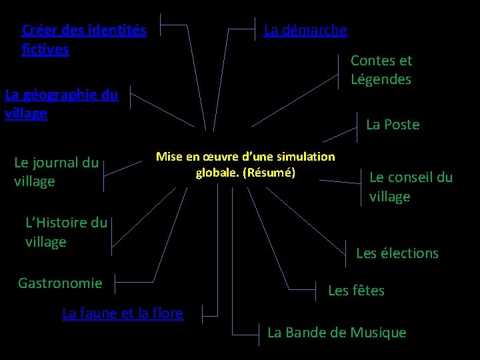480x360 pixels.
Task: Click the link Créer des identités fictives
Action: tap(83, 39)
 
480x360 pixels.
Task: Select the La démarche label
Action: tap(305, 30)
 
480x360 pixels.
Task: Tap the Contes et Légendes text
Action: tap(381, 70)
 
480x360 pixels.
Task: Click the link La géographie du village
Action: tap(61, 103)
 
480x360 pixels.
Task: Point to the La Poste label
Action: tap(393, 125)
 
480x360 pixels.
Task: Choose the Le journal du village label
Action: tap(56, 171)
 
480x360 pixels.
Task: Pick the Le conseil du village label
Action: tap(411, 187)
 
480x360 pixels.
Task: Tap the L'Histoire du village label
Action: tap(66, 231)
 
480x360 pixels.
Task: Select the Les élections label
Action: tap(397, 253)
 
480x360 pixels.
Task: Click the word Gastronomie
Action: tap(60, 283)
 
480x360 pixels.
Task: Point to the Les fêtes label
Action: tap(356, 291)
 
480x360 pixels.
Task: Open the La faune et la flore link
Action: tap(122, 313)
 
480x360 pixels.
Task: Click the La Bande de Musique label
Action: tap(336, 333)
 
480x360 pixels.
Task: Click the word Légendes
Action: tap(381, 79)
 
